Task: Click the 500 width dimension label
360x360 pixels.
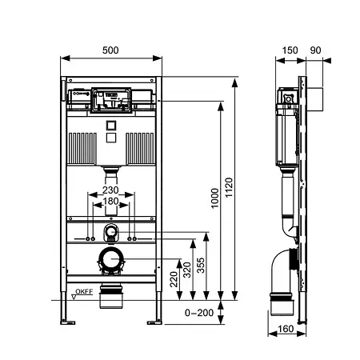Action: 110,50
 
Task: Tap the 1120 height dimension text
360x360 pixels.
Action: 229,187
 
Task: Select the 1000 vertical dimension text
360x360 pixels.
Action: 214,198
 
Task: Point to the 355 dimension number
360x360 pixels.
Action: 201,265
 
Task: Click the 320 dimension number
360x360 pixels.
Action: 187,270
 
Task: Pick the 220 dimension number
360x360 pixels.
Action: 174,279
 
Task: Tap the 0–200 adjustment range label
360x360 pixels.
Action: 199,313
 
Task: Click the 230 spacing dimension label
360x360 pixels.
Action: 110,190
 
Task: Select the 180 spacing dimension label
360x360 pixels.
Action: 110,201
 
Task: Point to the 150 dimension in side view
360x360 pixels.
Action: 290,50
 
